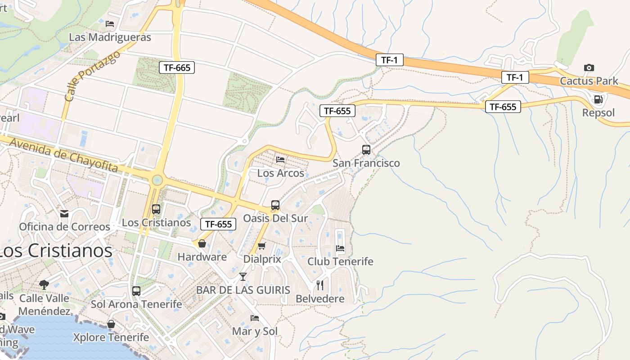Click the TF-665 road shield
(177, 68)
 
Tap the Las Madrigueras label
(110, 37)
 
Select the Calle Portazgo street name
(92, 76)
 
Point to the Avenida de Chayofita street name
(63, 155)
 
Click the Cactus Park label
(589, 81)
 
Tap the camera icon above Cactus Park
(589, 68)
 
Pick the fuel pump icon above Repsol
(598, 99)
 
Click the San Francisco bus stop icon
(366, 150)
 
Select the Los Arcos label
(280, 173)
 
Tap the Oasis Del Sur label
(275, 218)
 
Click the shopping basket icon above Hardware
(202, 243)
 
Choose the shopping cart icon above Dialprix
(262, 246)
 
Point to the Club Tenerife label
(340, 261)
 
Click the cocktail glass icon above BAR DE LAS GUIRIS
(243, 276)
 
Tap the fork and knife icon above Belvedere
(320, 285)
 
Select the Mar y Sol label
(255, 331)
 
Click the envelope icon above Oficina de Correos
(64, 213)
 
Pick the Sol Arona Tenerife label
(136, 304)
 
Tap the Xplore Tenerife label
(111, 337)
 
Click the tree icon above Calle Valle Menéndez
(44, 284)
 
